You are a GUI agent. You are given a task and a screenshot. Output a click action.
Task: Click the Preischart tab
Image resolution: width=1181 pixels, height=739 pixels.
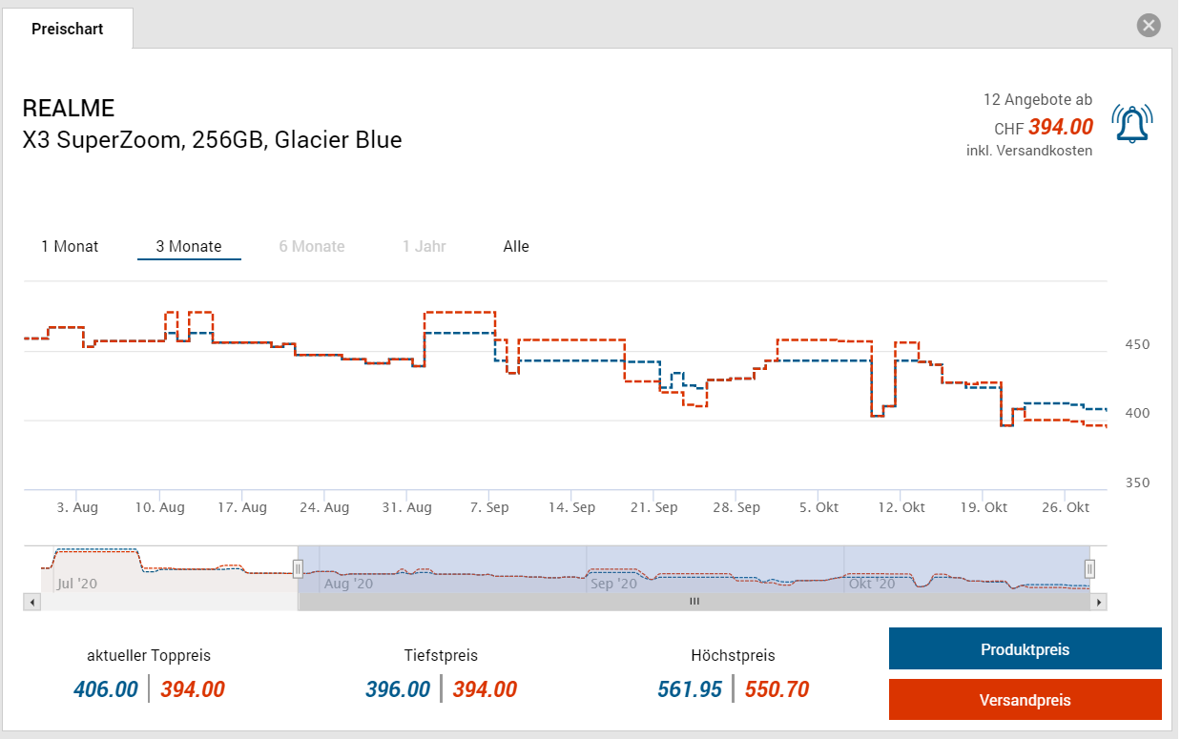click(x=67, y=29)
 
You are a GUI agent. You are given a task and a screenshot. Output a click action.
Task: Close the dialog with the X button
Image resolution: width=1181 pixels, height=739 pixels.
click(x=1149, y=26)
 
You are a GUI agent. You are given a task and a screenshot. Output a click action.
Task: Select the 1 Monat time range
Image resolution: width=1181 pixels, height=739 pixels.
click(x=70, y=246)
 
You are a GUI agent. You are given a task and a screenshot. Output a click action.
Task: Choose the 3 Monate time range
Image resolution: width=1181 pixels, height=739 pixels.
click(x=189, y=246)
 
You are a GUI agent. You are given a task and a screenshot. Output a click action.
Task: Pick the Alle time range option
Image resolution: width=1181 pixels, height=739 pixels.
click(x=516, y=246)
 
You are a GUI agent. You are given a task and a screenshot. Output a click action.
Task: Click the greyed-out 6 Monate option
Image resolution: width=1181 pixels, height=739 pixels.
click(x=312, y=246)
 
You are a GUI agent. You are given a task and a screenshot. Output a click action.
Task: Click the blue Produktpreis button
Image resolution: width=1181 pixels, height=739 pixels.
click(x=1025, y=649)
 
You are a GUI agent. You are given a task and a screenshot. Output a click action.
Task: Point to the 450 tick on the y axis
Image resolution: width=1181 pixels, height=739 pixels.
click(x=1138, y=344)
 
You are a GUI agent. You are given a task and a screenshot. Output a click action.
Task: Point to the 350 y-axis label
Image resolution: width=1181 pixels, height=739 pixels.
click(x=1138, y=482)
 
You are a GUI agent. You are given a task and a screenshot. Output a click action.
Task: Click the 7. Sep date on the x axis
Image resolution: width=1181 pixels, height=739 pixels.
click(x=489, y=507)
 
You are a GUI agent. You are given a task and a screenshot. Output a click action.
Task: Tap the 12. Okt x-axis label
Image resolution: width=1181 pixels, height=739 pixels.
click(x=901, y=507)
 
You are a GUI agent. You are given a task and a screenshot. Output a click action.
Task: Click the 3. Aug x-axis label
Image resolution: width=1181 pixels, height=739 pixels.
click(x=77, y=507)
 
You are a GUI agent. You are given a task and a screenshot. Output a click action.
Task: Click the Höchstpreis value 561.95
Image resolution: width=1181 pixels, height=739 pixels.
click(x=690, y=688)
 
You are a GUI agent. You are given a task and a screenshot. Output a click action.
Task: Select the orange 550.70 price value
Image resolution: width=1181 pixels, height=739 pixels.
click(x=777, y=688)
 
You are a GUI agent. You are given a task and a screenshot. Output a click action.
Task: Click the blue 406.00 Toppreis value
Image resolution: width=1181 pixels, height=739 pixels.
click(x=106, y=688)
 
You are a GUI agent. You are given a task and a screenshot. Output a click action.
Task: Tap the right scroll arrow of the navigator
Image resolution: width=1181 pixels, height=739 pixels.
click(x=1099, y=602)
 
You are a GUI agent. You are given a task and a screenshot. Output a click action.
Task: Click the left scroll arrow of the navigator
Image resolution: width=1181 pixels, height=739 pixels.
click(x=31, y=602)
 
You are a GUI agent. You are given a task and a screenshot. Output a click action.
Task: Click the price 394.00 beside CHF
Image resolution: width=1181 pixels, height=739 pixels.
click(x=1061, y=127)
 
